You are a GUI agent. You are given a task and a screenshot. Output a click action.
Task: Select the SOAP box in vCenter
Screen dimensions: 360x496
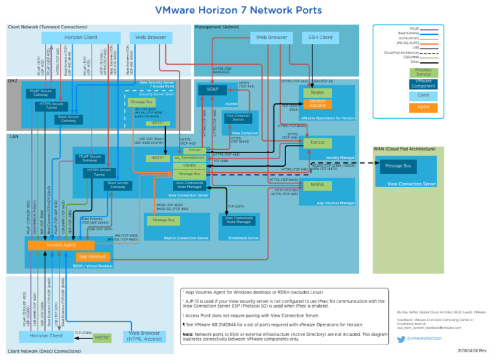coord(212,90)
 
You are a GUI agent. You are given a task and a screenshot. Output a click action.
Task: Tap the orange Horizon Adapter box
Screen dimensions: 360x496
coord(318,103)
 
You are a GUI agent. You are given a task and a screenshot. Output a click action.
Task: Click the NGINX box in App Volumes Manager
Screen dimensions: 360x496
coord(317,184)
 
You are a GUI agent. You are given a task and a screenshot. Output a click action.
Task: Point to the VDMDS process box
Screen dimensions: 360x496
coord(189,165)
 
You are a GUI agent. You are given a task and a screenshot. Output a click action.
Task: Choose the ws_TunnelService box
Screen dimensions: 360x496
coord(189,158)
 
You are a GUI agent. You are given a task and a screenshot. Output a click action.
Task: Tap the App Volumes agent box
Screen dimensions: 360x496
coord(93,257)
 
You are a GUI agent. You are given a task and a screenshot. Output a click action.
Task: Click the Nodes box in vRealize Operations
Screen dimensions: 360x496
coord(317,92)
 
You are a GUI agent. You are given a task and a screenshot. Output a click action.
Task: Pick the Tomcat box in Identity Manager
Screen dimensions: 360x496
coord(317,142)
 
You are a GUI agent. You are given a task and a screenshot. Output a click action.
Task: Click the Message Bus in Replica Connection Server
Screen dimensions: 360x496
coord(163,220)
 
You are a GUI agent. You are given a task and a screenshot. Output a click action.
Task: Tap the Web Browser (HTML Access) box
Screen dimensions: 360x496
coord(145,337)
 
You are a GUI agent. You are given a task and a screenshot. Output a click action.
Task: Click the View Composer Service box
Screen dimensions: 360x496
coord(238,118)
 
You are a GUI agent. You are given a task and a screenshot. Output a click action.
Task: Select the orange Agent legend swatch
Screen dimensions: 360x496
coord(424,107)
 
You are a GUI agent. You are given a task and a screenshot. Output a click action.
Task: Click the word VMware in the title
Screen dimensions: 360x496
coord(177,10)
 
